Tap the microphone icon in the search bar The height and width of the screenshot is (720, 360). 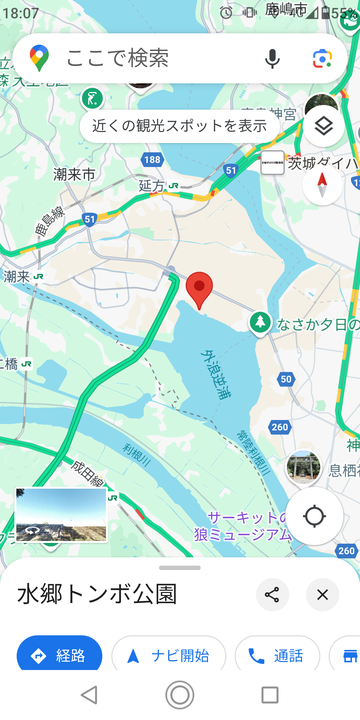click(x=272, y=58)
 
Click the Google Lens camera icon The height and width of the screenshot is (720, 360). click(x=321, y=58)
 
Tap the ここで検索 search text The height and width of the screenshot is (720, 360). click(x=118, y=58)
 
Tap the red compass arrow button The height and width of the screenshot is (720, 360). click(x=322, y=183)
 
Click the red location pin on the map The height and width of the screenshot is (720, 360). click(x=200, y=289)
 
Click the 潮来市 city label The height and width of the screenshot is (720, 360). click(x=74, y=173)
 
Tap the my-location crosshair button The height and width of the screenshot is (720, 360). click(x=315, y=516)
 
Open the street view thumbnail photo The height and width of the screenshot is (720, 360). click(x=61, y=514)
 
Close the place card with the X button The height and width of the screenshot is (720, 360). click(x=322, y=595)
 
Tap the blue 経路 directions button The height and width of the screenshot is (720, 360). click(x=60, y=656)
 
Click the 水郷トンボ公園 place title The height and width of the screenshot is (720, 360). click(x=97, y=595)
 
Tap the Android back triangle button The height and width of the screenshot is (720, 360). click(x=89, y=694)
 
